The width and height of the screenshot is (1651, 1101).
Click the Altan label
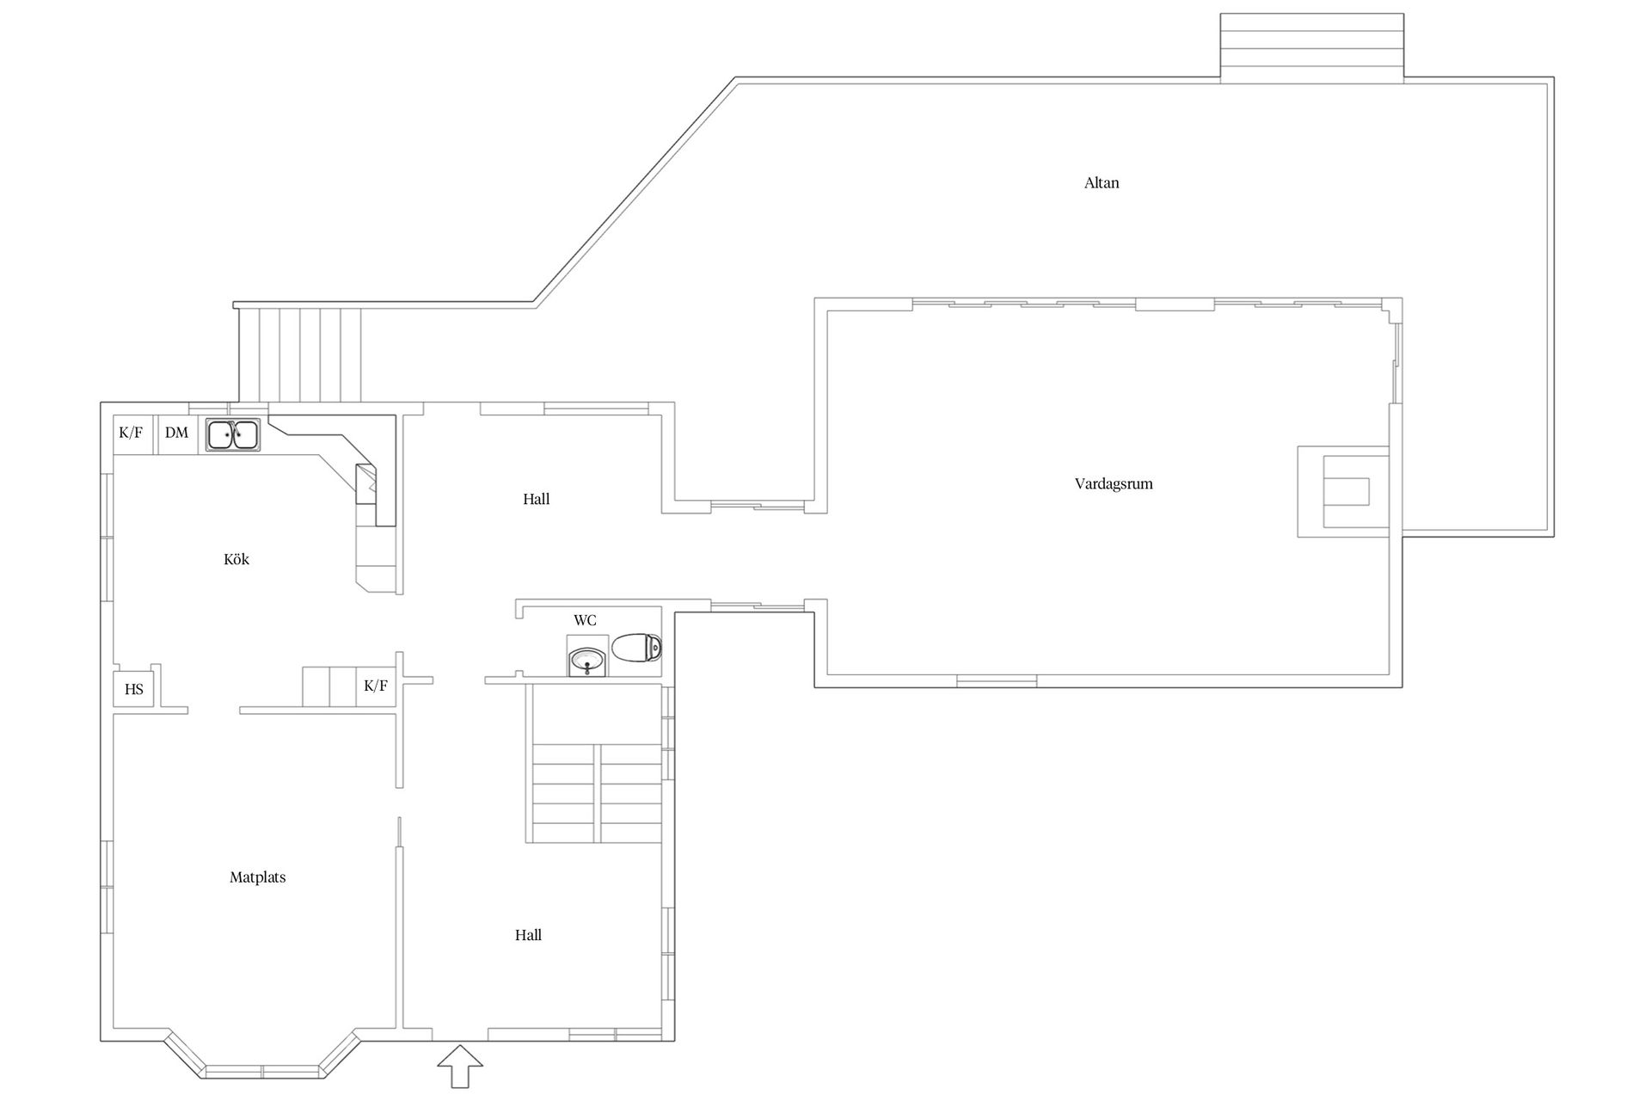click(1101, 182)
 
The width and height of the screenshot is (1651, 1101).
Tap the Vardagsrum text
click(1114, 484)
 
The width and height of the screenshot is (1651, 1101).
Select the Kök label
click(236, 559)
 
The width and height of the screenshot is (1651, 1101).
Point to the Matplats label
click(257, 877)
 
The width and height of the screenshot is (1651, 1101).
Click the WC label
click(585, 620)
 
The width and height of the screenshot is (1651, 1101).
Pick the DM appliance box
click(176, 433)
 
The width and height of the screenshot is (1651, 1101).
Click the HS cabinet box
click(134, 689)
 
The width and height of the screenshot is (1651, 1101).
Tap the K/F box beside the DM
click(132, 433)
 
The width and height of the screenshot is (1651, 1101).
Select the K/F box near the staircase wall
click(376, 686)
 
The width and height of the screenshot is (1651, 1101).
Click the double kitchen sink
click(233, 434)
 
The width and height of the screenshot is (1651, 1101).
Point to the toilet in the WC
click(636, 648)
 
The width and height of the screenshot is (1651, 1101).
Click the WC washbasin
click(588, 661)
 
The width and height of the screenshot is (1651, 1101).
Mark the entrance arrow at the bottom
click(460, 1067)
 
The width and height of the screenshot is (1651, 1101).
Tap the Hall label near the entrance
click(528, 935)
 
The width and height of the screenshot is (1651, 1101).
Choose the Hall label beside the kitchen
click(536, 499)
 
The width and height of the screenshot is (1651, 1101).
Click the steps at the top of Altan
click(1312, 48)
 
